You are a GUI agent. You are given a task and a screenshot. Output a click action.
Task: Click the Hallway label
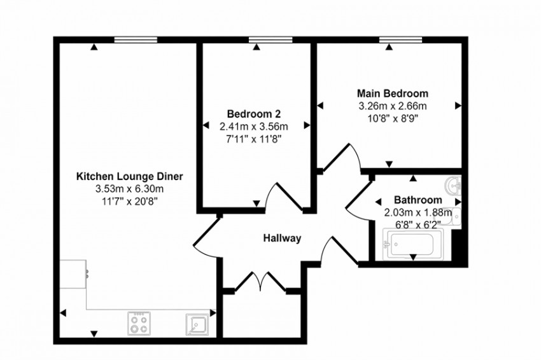pyautogui.click(x=282, y=238)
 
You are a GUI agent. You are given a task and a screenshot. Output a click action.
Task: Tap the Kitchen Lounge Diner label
pyautogui.click(x=129, y=177)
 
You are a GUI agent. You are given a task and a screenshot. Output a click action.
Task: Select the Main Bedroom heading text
pyautogui.click(x=393, y=93)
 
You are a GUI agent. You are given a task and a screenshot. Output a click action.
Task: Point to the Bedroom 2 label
pyautogui.click(x=254, y=113)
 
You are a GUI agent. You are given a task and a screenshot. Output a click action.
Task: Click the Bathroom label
pyautogui.click(x=418, y=200)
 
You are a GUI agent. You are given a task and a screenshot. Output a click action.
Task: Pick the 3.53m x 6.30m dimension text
pyautogui.click(x=129, y=189)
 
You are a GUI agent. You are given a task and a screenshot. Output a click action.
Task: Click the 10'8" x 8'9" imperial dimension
pyautogui.click(x=393, y=118)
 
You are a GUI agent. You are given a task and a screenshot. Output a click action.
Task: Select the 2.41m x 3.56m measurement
pyautogui.click(x=254, y=127)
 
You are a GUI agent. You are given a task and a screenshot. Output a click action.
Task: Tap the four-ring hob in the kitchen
pyautogui.click(x=139, y=324)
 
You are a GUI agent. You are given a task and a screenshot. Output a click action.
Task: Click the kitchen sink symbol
pyautogui.click(x=197, y=324)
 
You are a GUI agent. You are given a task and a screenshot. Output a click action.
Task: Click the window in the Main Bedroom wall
pyautogui.click(x=400, y=39)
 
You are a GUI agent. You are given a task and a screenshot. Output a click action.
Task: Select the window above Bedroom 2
pyautogui.click(x=270, y=39)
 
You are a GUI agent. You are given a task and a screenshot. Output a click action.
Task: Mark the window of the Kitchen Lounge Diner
pyautogui.click(x=136, y=39)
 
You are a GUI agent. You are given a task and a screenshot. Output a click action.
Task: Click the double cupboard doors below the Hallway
pyautogui.click(x=261, y=281)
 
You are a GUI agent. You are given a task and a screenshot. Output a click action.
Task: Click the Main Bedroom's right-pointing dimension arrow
pyautogui.click(x=458, y=106)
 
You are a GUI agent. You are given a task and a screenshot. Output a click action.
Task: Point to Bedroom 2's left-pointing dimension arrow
pyautogui.click(x=206, y=126)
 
